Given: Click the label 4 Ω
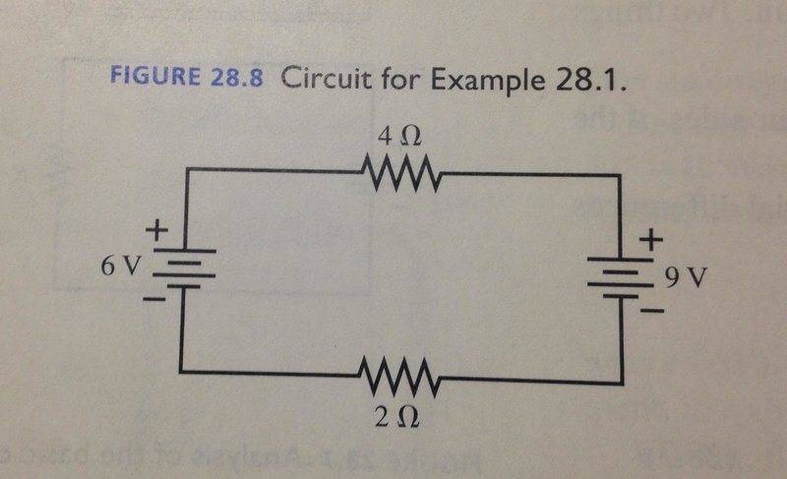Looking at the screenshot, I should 400,132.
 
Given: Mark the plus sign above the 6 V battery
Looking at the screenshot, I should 155,232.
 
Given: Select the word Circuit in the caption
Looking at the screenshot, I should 325,80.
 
